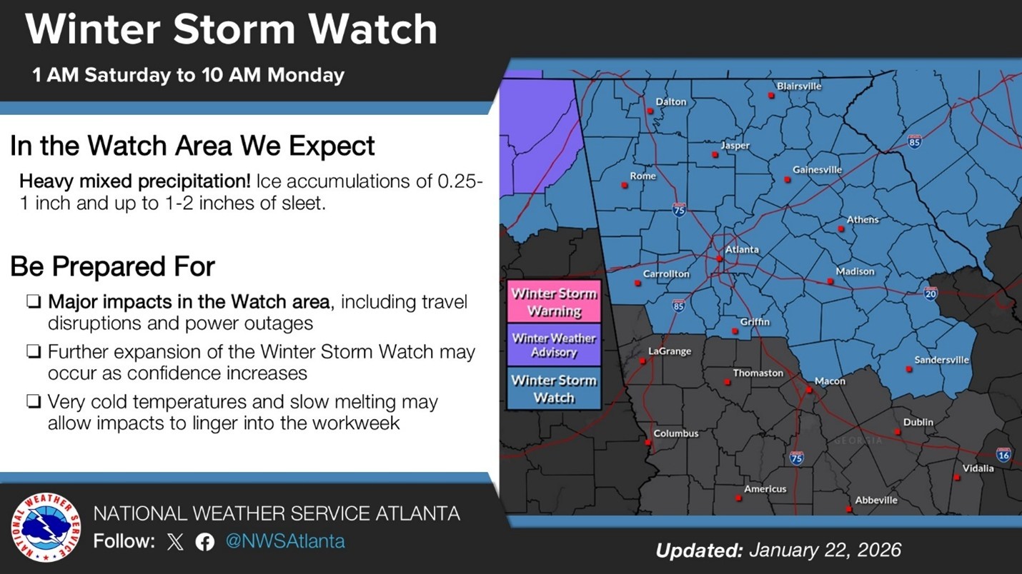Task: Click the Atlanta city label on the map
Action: point(742,250)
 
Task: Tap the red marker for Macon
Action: point(808,390)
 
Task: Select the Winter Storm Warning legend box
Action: point(554,302)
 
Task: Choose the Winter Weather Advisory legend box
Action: point(554,345)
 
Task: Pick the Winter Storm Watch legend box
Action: point(554,388)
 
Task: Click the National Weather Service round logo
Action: point(46,528)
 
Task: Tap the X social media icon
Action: point(175,542)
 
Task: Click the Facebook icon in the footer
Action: point(205,542)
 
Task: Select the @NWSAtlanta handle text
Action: point(285,541)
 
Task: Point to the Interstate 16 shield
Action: point(1003,455)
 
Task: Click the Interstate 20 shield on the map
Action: point(930,293)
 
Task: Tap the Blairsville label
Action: point(799,86)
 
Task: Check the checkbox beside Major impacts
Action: point(33,303)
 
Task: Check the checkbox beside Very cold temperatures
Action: point(33,402)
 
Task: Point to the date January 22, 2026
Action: point(825,550)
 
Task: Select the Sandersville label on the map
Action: point(942,360)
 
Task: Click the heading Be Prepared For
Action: point(112,266)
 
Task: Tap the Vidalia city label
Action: point(978,468)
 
